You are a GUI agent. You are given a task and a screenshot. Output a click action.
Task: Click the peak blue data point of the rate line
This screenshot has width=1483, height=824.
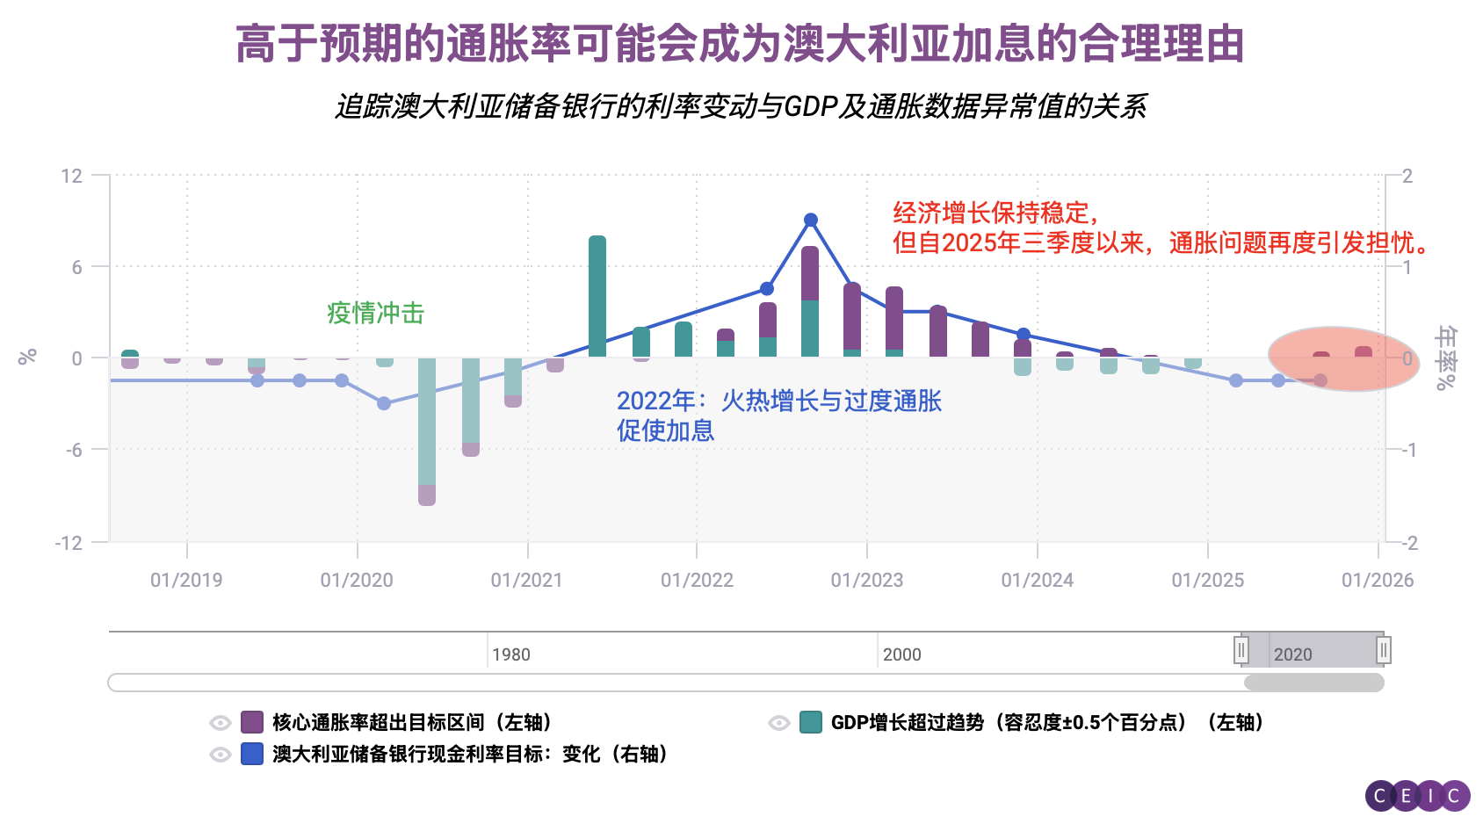[811, 220]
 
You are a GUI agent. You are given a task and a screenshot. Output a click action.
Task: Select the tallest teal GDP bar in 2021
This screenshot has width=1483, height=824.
[597, 296]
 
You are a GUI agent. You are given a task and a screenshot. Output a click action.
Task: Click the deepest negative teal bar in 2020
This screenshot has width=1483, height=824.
[427, 422]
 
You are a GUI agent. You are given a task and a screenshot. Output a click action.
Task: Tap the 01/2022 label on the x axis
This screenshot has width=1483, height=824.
[697, 580]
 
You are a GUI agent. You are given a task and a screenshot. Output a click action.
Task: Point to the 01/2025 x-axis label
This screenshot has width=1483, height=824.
[1207, 580]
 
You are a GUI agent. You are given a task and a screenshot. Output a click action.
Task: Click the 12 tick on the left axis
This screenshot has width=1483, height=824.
[71, 176]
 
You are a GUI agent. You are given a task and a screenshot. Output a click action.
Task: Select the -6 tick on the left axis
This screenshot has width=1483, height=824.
[74, 450]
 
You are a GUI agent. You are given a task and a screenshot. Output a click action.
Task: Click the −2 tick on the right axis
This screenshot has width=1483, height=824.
[1407, 543]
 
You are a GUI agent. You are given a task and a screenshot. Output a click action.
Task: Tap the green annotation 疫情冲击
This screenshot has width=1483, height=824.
[375, 313]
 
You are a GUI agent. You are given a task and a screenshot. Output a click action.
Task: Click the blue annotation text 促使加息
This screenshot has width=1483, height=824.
[665, 430]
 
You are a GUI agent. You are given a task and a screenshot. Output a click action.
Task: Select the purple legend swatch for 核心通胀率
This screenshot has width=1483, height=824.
[252, 722]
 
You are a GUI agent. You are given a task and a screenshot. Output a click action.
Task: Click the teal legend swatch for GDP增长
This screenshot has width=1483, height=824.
[811, 722]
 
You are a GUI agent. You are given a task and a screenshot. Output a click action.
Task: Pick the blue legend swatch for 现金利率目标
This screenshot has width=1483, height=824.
[252, 754]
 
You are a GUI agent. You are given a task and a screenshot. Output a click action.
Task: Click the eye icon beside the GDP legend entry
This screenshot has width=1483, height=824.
[778, 722]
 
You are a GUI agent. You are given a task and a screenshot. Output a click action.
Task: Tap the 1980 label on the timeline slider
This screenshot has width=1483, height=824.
[510, 654]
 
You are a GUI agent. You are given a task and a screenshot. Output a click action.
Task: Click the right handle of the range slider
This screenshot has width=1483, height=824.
[1383, 650]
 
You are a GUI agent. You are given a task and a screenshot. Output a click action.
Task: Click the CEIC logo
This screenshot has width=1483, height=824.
[1417, 796]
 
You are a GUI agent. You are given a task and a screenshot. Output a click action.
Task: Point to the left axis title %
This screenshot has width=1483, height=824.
[27, 357]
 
